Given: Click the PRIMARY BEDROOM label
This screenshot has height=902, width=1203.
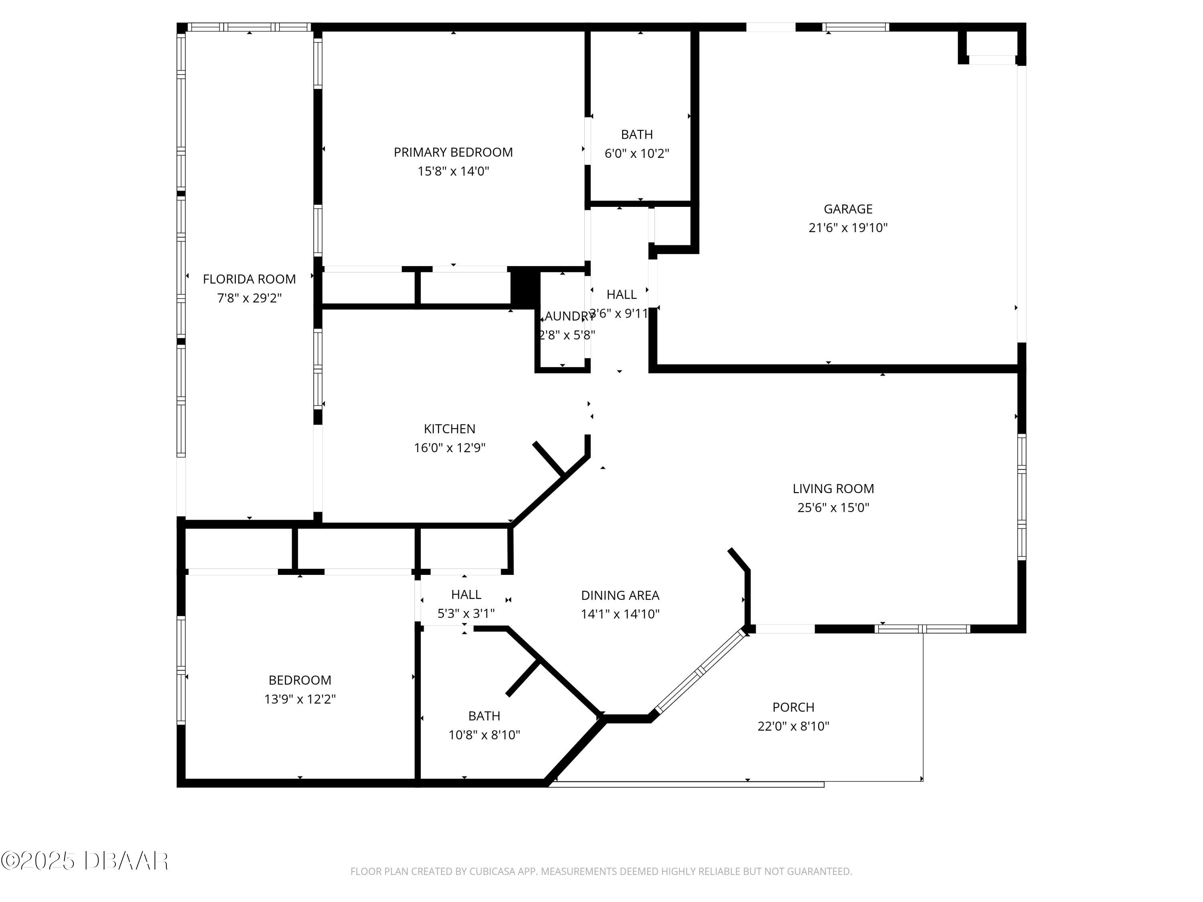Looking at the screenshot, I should point(453,152).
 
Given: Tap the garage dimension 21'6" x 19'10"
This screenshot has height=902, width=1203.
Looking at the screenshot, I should point(848,228).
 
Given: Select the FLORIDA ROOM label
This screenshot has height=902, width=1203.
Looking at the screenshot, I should point(249,279).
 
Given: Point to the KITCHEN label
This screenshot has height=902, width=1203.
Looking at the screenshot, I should point(449,429).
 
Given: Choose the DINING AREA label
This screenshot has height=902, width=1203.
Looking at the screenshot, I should point(620,595).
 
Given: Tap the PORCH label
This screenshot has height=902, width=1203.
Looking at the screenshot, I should point(793,707).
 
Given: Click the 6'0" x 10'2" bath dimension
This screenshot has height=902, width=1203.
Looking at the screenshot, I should point(636,153).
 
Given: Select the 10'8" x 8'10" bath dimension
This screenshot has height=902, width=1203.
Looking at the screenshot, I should point(484,734).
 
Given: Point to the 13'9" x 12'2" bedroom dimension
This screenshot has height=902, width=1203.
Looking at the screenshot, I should point(300,699).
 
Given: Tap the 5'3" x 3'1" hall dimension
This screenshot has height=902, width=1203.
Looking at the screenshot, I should point(466,613).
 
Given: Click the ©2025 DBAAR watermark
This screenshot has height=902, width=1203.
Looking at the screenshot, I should point(84,861).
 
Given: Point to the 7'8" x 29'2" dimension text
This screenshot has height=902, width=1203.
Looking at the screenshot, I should point(249,298).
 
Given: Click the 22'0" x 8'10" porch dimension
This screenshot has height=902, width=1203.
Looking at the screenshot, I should point(793,726).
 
